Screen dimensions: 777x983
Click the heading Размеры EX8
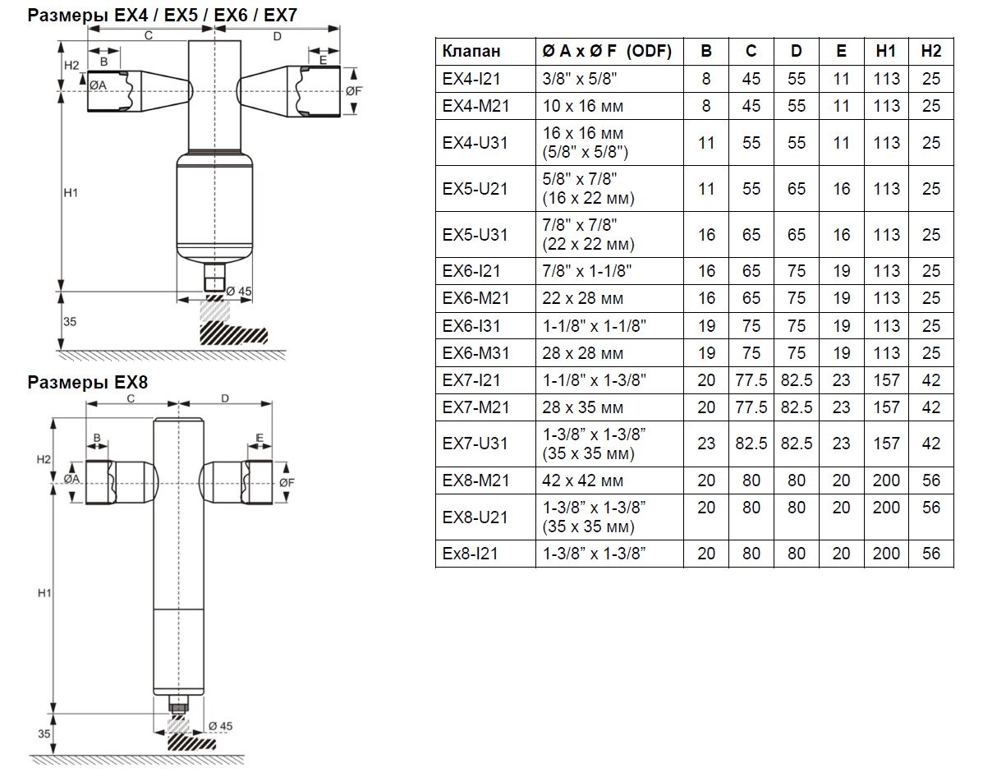click(x=88, y=383)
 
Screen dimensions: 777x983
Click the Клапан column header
click(x=471, y=51)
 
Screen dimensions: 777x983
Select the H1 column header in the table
click(x=886, y=51)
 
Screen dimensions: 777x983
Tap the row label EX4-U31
click(x=475, y=143)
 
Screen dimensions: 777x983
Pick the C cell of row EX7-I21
click(x=751, y=380)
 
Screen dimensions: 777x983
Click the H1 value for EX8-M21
click(x=886, y=480)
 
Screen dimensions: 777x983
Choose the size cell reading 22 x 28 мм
click(x=582, y=298)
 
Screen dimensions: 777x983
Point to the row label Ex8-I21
click(x=470, y=554)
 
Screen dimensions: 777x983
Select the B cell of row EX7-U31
click(x=706, y=444)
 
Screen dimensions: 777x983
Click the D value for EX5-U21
click(x=796, y=189)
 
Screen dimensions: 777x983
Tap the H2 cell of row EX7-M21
click(x=930, y=407)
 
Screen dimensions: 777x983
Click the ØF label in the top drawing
click(x=354, y=91)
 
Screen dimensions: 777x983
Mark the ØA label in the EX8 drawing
click(x=71, y=479)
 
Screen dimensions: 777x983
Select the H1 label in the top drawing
click(x=70, y=193)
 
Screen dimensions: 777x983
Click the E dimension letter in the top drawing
click(x=324, y=60)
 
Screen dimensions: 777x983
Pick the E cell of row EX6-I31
click(x=841, y=326)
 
